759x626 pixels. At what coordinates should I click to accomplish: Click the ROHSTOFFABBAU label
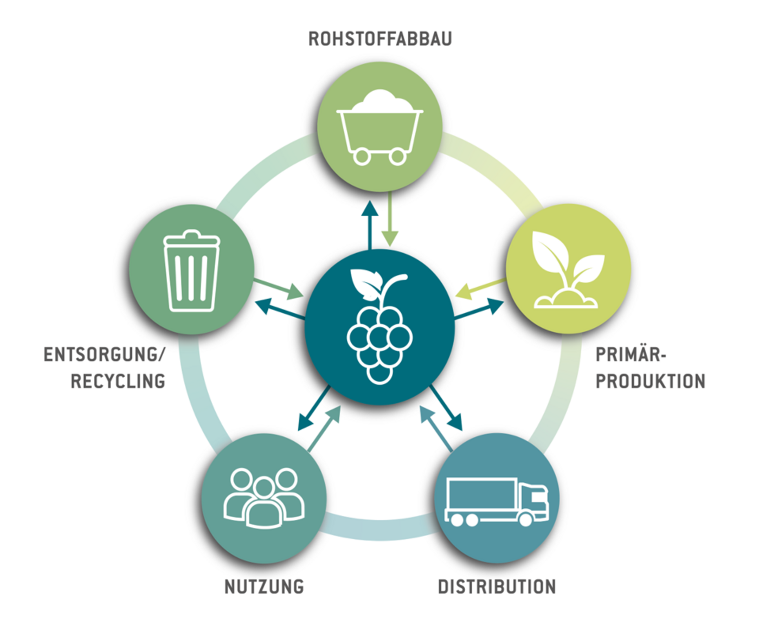point(379,39)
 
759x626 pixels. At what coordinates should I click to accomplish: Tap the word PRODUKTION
point(650,381)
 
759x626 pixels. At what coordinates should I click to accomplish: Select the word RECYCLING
point(118,381)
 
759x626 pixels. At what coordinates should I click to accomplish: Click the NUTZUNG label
point(264,586)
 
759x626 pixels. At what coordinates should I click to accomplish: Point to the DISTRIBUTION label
point(497,586)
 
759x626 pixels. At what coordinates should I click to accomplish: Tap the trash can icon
point(191,271)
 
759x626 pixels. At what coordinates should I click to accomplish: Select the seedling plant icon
point(567,270)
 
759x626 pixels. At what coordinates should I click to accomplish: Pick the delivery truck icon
point(497,502)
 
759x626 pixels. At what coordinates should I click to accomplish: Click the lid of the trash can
point(191,238)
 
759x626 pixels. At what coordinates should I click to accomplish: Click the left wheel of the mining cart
point(362,157)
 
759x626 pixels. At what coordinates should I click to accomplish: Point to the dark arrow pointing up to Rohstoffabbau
point(370,225)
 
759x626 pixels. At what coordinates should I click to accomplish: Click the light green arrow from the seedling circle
point(480,288)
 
